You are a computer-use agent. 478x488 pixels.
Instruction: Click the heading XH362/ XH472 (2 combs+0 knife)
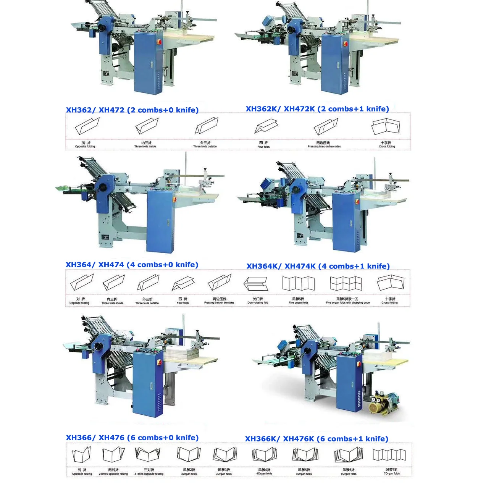[132, 110]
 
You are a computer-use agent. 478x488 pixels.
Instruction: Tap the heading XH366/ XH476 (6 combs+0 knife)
[132, 438]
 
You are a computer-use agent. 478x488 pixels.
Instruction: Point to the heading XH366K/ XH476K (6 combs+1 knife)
[317, 439]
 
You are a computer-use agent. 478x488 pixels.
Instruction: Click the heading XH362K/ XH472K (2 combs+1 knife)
[317, 109]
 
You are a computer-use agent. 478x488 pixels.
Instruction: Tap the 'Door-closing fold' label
[258, 303]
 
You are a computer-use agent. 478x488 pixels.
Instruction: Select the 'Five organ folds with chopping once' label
[347, 303]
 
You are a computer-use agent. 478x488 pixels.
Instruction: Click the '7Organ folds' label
[392, 473]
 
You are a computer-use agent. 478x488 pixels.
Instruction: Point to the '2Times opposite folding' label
[113, 474]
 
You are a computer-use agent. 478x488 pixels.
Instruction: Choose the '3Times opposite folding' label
[149, 474]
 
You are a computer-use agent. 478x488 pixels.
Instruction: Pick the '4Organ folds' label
[264, 474]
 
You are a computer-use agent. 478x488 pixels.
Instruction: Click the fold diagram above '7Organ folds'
[389, 455]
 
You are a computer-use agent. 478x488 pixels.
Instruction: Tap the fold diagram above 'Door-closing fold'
[256, 284]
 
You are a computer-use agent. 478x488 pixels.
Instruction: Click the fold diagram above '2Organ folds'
[189, 454]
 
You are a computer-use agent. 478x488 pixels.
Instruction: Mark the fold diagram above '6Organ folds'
[348, 455]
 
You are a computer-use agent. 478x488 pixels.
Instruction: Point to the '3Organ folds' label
[224, 474]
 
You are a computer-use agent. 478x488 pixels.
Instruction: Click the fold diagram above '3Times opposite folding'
[147, 454]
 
